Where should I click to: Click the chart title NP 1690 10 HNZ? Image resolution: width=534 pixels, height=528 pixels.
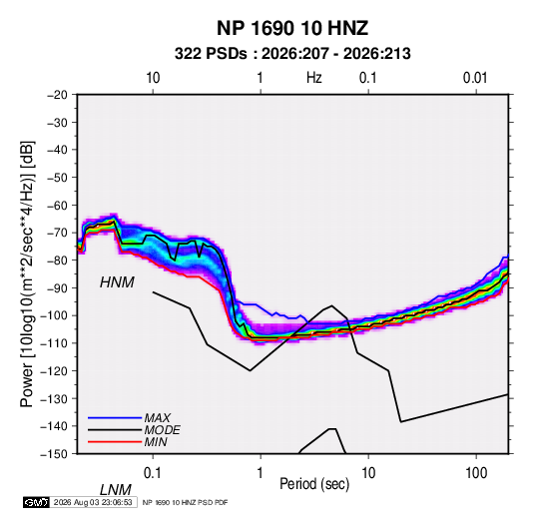(292, 28)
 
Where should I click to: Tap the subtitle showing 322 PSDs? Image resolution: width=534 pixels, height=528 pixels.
(292, 54)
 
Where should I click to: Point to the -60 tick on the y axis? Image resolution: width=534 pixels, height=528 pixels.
(57, 205)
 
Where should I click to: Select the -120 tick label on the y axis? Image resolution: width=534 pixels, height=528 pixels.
(54, 370)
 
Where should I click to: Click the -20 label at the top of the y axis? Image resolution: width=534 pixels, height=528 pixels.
(57, 95)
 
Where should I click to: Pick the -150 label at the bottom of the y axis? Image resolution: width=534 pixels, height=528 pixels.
(54, 454)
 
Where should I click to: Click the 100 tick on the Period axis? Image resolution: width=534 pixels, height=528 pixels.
(476, 473)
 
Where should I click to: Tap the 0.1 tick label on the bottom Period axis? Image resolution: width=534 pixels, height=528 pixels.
(153, 473)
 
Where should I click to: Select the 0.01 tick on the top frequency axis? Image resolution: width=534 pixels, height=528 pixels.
(475, 78)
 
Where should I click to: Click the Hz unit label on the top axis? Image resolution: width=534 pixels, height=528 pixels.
(314, 78)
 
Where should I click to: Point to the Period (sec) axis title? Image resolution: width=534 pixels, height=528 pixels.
(314, 484)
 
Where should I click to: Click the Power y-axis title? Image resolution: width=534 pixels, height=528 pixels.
(27, 273)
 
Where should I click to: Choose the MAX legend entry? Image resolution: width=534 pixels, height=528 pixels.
(158, 417)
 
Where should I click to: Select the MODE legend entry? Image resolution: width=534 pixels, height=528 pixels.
(162, 430)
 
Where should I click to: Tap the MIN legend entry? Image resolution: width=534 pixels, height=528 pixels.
(156, 442)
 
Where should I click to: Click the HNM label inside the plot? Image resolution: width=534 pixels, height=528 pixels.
(117, 282)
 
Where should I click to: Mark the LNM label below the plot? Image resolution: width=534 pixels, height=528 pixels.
(116, 490)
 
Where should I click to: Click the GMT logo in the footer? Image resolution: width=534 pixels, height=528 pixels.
(36, 502)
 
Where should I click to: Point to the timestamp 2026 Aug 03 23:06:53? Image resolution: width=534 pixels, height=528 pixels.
(93, 502)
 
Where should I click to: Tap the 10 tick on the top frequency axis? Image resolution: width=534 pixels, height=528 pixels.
(153, 78)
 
